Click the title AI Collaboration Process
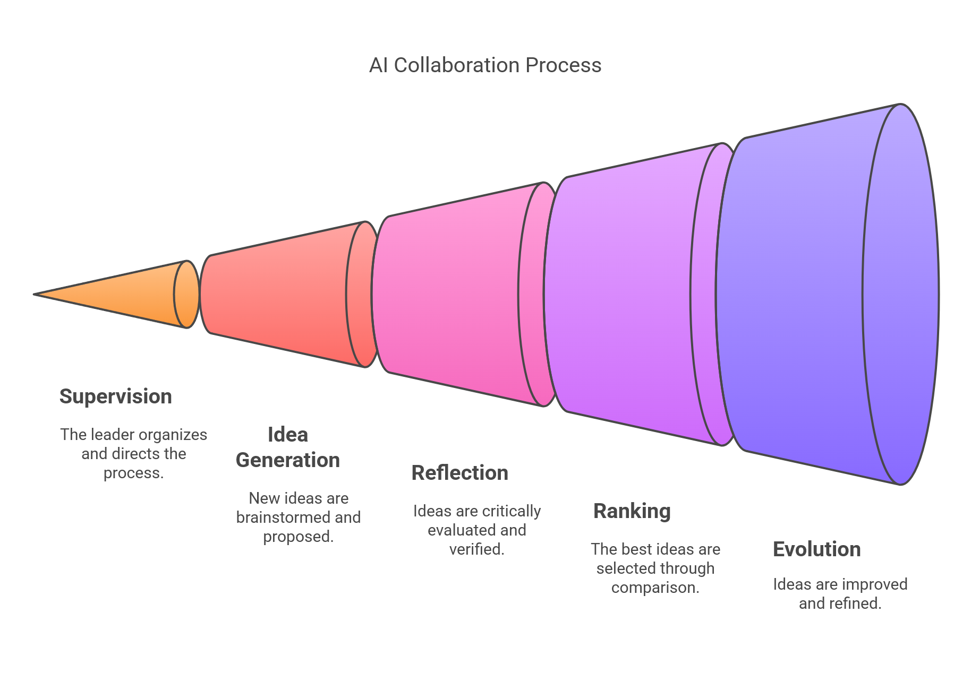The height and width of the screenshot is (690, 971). coord(485,65)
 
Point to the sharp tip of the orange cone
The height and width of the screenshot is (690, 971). coord(35,294)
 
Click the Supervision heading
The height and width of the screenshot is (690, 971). coord(116,396)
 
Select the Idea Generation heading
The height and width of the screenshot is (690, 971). coord(288,447)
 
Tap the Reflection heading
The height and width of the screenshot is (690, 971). coord(460,473)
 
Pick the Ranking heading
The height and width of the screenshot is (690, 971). coord(632,511)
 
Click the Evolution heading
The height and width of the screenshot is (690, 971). coord(817,549)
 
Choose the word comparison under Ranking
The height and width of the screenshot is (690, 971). coord(655,588)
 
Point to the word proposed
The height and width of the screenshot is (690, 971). coord(299,537)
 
